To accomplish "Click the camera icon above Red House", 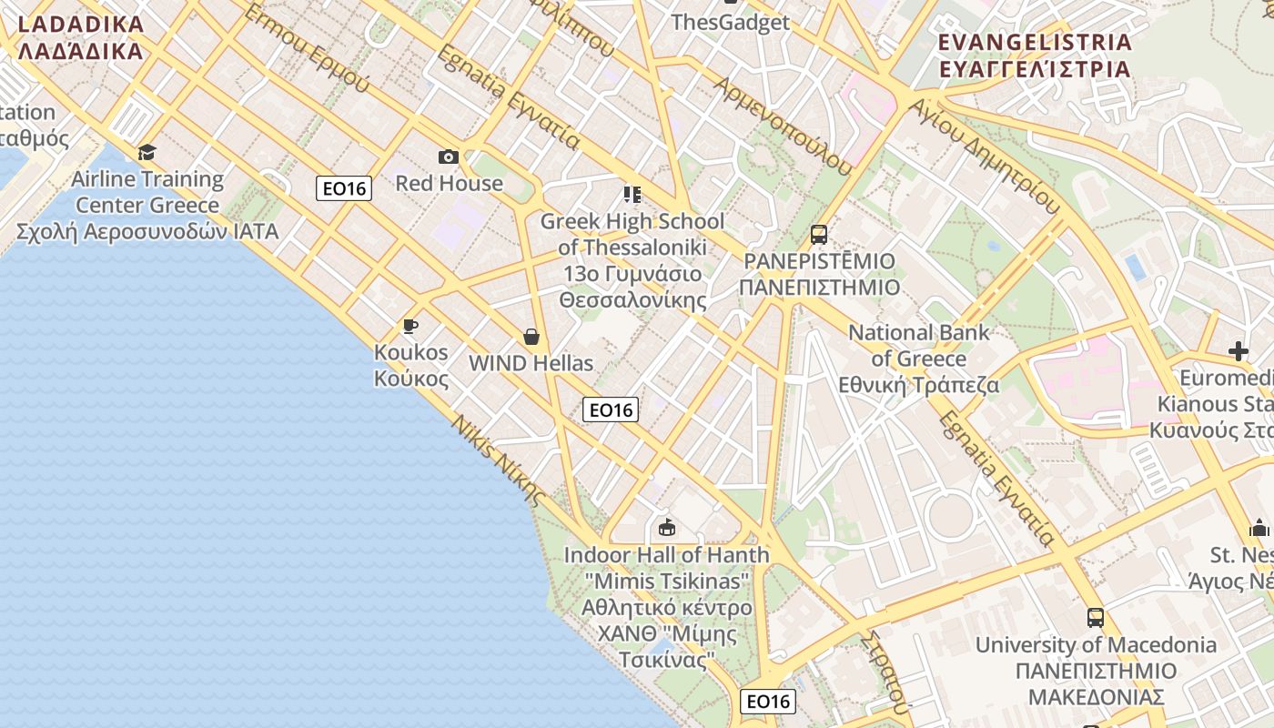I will point(449,157).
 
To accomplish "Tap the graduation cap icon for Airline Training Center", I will point(147,152).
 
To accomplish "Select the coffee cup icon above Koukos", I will point(410,326).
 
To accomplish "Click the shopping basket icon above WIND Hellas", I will point(531,338).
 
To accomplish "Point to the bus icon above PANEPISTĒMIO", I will point(818,235).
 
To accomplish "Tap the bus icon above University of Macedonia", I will point(1096,618).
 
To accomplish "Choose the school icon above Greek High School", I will point(632,194).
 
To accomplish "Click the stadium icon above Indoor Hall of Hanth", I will point(667,527).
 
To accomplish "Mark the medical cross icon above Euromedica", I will point(1238,351).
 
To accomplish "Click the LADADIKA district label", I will point(80,37).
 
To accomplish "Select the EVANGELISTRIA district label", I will point(1035,56).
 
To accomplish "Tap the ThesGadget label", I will point(730,23).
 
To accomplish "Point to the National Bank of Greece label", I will point(919,359).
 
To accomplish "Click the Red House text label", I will point(449,183).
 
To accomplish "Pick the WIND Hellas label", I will point(531,363).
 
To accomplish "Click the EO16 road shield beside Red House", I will point(344,188).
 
